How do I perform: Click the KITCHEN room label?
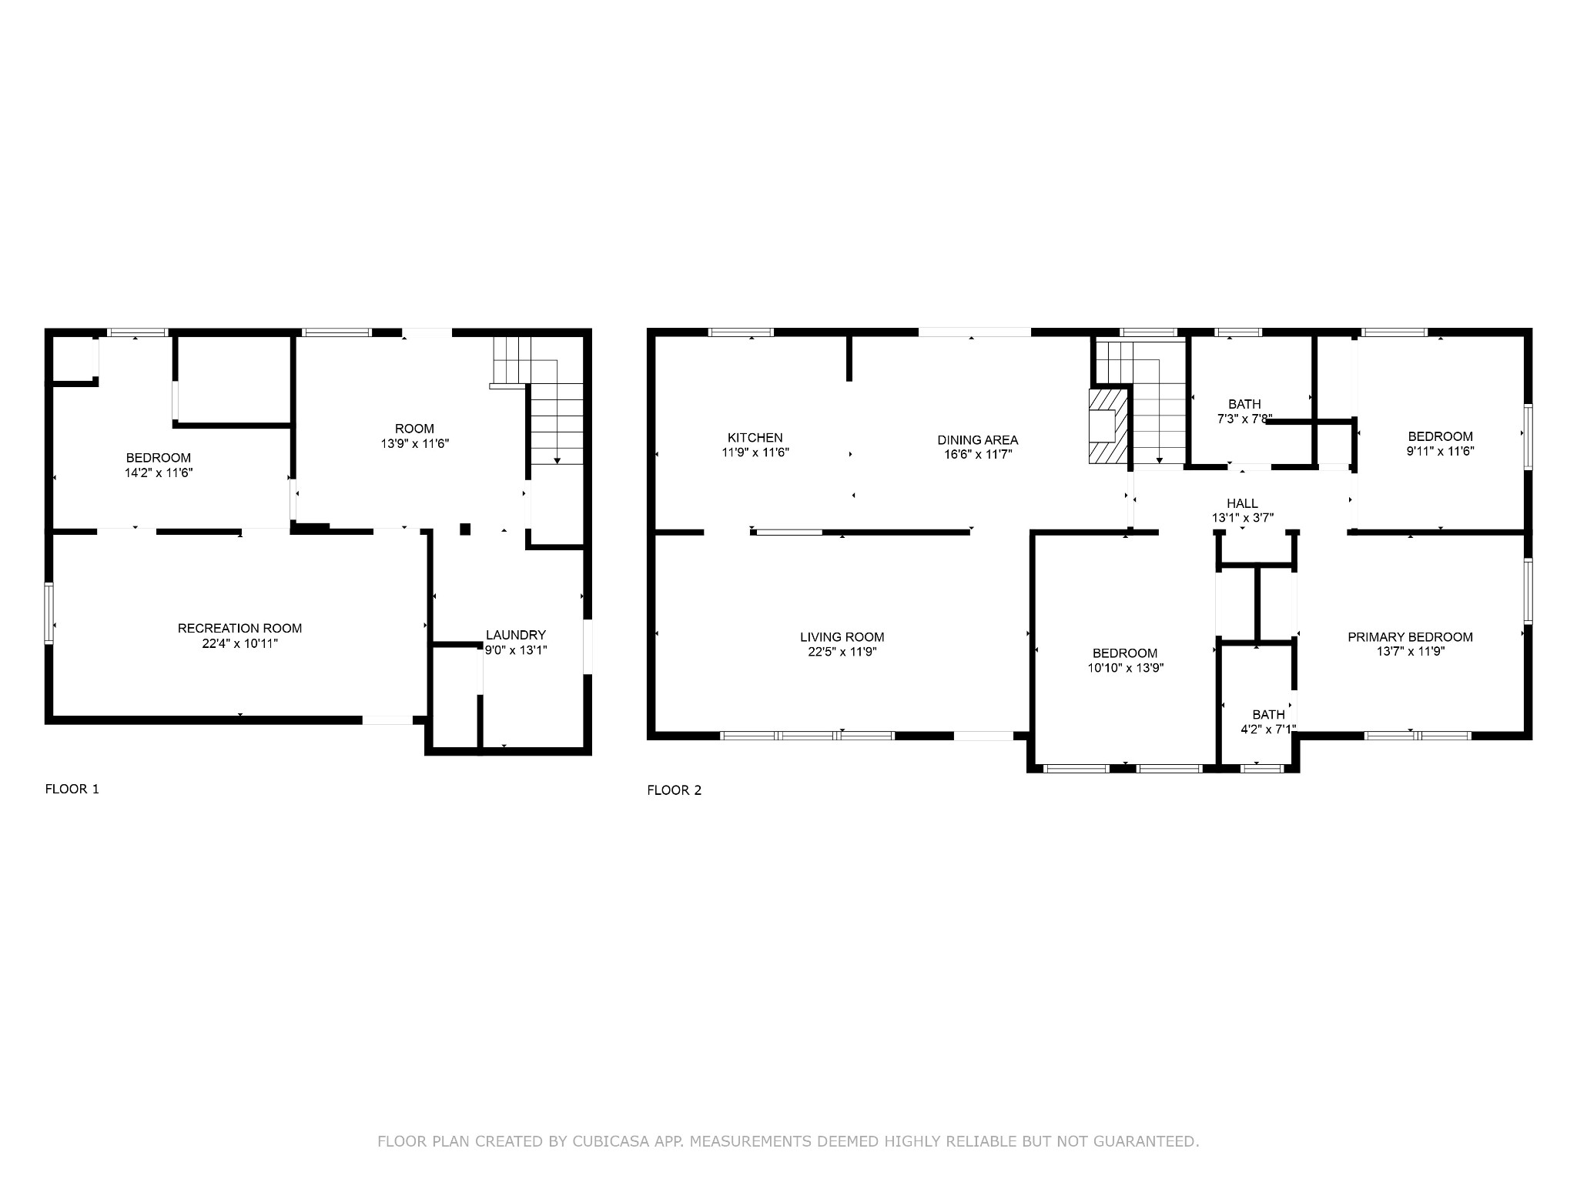coord(755,438)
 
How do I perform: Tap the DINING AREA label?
coord(978,440)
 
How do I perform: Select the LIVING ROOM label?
coord(842,637)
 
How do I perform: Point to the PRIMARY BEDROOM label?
coord(1410,637)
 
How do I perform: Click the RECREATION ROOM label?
coord(240,629)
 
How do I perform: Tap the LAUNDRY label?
coord(516,635)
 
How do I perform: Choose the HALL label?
coord(1243,504)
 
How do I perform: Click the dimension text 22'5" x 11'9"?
coord(842,652)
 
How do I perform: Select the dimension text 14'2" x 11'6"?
coord(159,472)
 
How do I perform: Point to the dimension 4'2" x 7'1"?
coord(1268,729)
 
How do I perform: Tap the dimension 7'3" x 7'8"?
coord(1245,419)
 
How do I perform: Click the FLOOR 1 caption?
coord(72,789)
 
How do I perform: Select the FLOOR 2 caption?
coord(675,790)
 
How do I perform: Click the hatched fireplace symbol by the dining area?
coord(1108,426)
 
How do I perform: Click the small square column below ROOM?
coord(465,529)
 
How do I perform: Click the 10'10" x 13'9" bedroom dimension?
coord(1125,668)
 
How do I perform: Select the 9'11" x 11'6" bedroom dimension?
coord(1440,451)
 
